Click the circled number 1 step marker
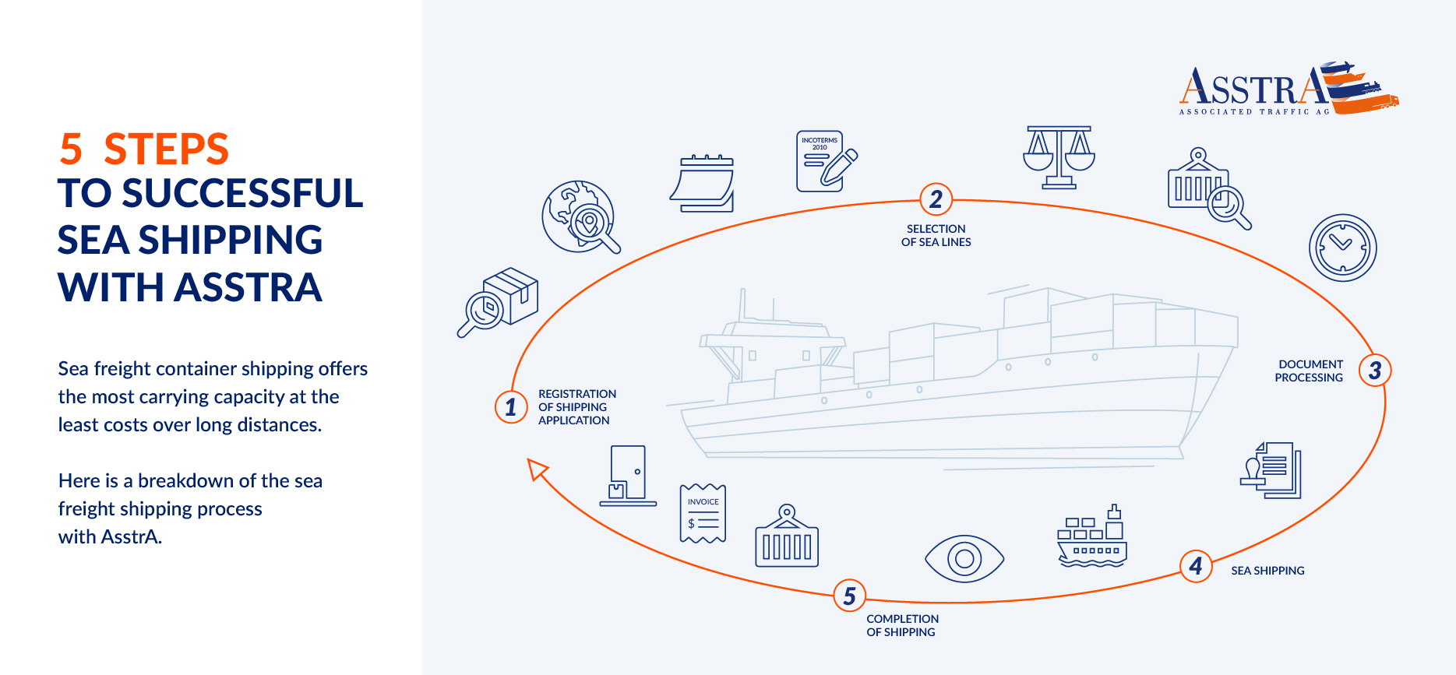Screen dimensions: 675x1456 coord(510,406)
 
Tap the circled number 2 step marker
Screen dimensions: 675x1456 coord(936,199)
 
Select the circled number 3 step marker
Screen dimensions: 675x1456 coord(1375,371)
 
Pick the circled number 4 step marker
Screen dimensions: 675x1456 coord(1196,566)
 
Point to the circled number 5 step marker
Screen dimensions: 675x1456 coord(849,596)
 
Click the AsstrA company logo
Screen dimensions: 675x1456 coord(1289,89)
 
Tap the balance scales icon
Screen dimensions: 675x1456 coord(1059,158)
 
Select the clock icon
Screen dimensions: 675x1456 coord(1342,248)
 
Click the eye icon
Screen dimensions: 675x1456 coord(964,558)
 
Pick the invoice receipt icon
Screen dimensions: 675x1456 coord(703,513)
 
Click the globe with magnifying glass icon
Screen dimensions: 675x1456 coord(580,217)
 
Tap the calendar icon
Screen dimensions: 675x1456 coord(702,184)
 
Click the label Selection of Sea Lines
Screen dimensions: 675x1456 coord(936,235)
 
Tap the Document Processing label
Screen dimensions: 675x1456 coord(1309,371)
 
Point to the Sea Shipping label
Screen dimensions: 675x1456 coord(1267,571)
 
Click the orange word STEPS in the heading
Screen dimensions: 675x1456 coord(166,149)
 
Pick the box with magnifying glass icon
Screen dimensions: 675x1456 coord(499,302)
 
